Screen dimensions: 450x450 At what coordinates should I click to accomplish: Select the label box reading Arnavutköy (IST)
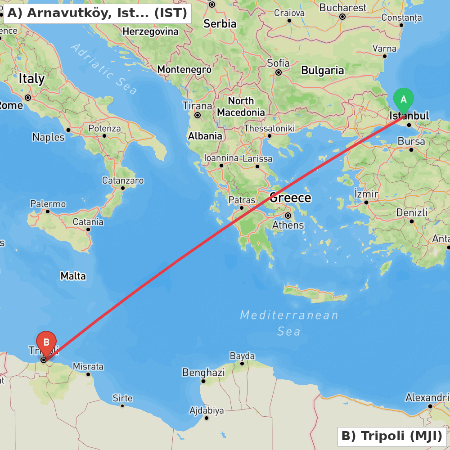[97, 13]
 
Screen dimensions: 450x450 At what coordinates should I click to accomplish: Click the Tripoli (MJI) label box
[392, 436]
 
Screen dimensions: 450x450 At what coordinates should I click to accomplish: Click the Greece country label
[290, 198]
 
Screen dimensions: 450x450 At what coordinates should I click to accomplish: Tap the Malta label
[73, 276]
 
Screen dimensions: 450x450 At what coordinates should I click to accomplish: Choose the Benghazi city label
[203, 373]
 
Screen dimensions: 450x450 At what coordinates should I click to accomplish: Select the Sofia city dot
[279, 72]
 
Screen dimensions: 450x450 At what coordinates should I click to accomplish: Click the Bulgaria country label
[323, 70]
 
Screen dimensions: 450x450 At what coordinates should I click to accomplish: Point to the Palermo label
[48, 204]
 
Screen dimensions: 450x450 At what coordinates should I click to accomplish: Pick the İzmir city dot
[366, 202]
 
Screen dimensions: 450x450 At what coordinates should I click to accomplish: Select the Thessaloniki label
[269, 129]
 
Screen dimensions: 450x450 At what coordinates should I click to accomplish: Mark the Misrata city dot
[88, 374]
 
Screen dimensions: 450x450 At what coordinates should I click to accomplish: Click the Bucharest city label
[343, 8]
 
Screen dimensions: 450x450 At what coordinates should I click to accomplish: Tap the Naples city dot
[68, 130]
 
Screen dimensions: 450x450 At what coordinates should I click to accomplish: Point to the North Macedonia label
[241, 107]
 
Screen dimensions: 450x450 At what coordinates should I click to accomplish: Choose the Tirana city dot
[197, 115]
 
